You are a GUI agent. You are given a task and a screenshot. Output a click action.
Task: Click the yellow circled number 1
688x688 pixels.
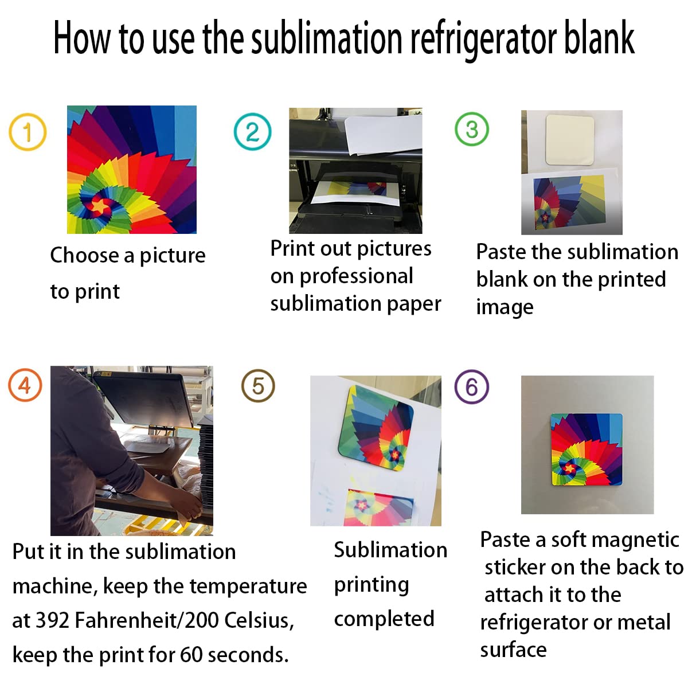click(27, 132)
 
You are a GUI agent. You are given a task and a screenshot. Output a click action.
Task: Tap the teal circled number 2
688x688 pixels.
click(252, 132)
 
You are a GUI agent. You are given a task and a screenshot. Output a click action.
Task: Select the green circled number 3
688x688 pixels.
click(471, 130)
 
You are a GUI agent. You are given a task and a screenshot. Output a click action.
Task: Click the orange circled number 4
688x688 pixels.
click(25, 385)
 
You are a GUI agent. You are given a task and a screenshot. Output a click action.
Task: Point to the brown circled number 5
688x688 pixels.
click(258, 386)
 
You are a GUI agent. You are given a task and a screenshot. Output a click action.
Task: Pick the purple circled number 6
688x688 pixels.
click(471, 387)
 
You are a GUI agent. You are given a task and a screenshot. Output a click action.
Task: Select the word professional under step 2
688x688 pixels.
click(356, 276)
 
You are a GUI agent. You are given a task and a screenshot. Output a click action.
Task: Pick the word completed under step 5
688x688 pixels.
click(384, 619)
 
